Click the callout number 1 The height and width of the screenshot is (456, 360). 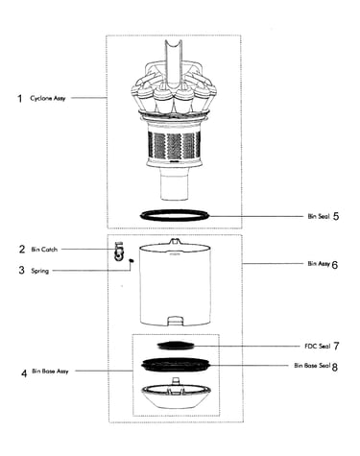(20, 98)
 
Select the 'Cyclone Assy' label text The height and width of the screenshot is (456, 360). (48, 98)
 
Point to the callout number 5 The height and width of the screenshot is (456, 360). (336, 216)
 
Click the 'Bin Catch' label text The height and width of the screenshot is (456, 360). (44, 250)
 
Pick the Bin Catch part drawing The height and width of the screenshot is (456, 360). (118, 252)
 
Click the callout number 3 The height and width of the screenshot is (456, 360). (21, 270)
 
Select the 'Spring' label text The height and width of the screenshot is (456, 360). (40, 271)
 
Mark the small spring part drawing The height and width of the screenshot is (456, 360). (131, 261)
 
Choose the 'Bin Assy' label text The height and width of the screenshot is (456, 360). (319, 263)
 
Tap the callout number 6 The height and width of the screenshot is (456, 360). (335, 265)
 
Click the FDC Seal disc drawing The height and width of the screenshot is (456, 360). (176, 346)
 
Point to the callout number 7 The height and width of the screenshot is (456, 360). (336, 346)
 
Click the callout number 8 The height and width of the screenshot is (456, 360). (335, 367)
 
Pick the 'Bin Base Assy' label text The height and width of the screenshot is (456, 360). (50, 372)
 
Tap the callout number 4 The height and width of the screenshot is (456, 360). (24, 373)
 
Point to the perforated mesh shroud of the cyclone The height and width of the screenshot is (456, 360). (175, 144)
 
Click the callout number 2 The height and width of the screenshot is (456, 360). (22, 249)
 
